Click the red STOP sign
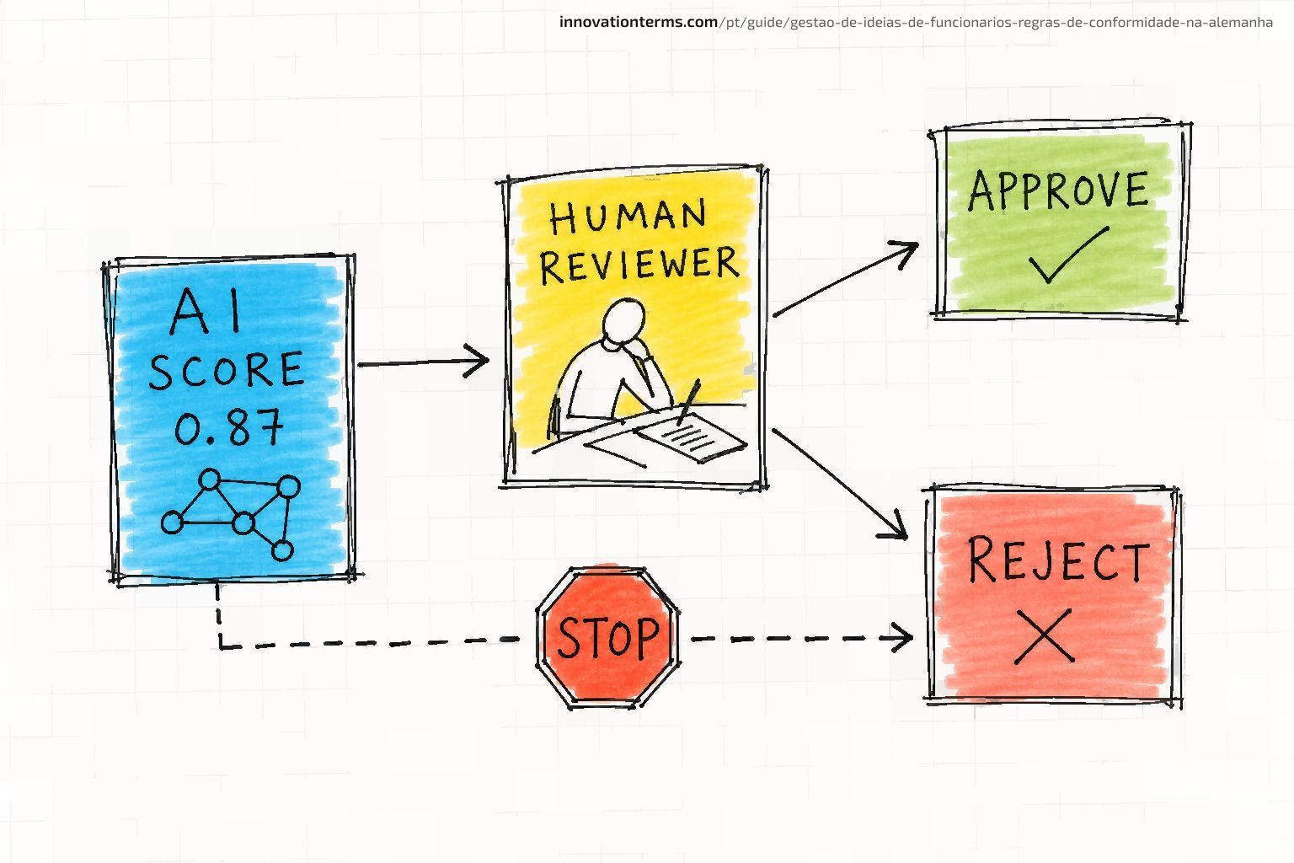(607, 638)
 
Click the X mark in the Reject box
(1045, 635)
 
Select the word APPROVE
(1058, 190)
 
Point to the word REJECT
(1058, 560)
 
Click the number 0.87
(229, 426)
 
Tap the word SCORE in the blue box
(226, 369)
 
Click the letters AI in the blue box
(206, 312)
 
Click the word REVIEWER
(639, 264)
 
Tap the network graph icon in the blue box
(231, 514)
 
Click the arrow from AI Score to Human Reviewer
(424, 362)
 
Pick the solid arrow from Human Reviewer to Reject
(840, 485)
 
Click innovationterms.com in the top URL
(639, 22)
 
